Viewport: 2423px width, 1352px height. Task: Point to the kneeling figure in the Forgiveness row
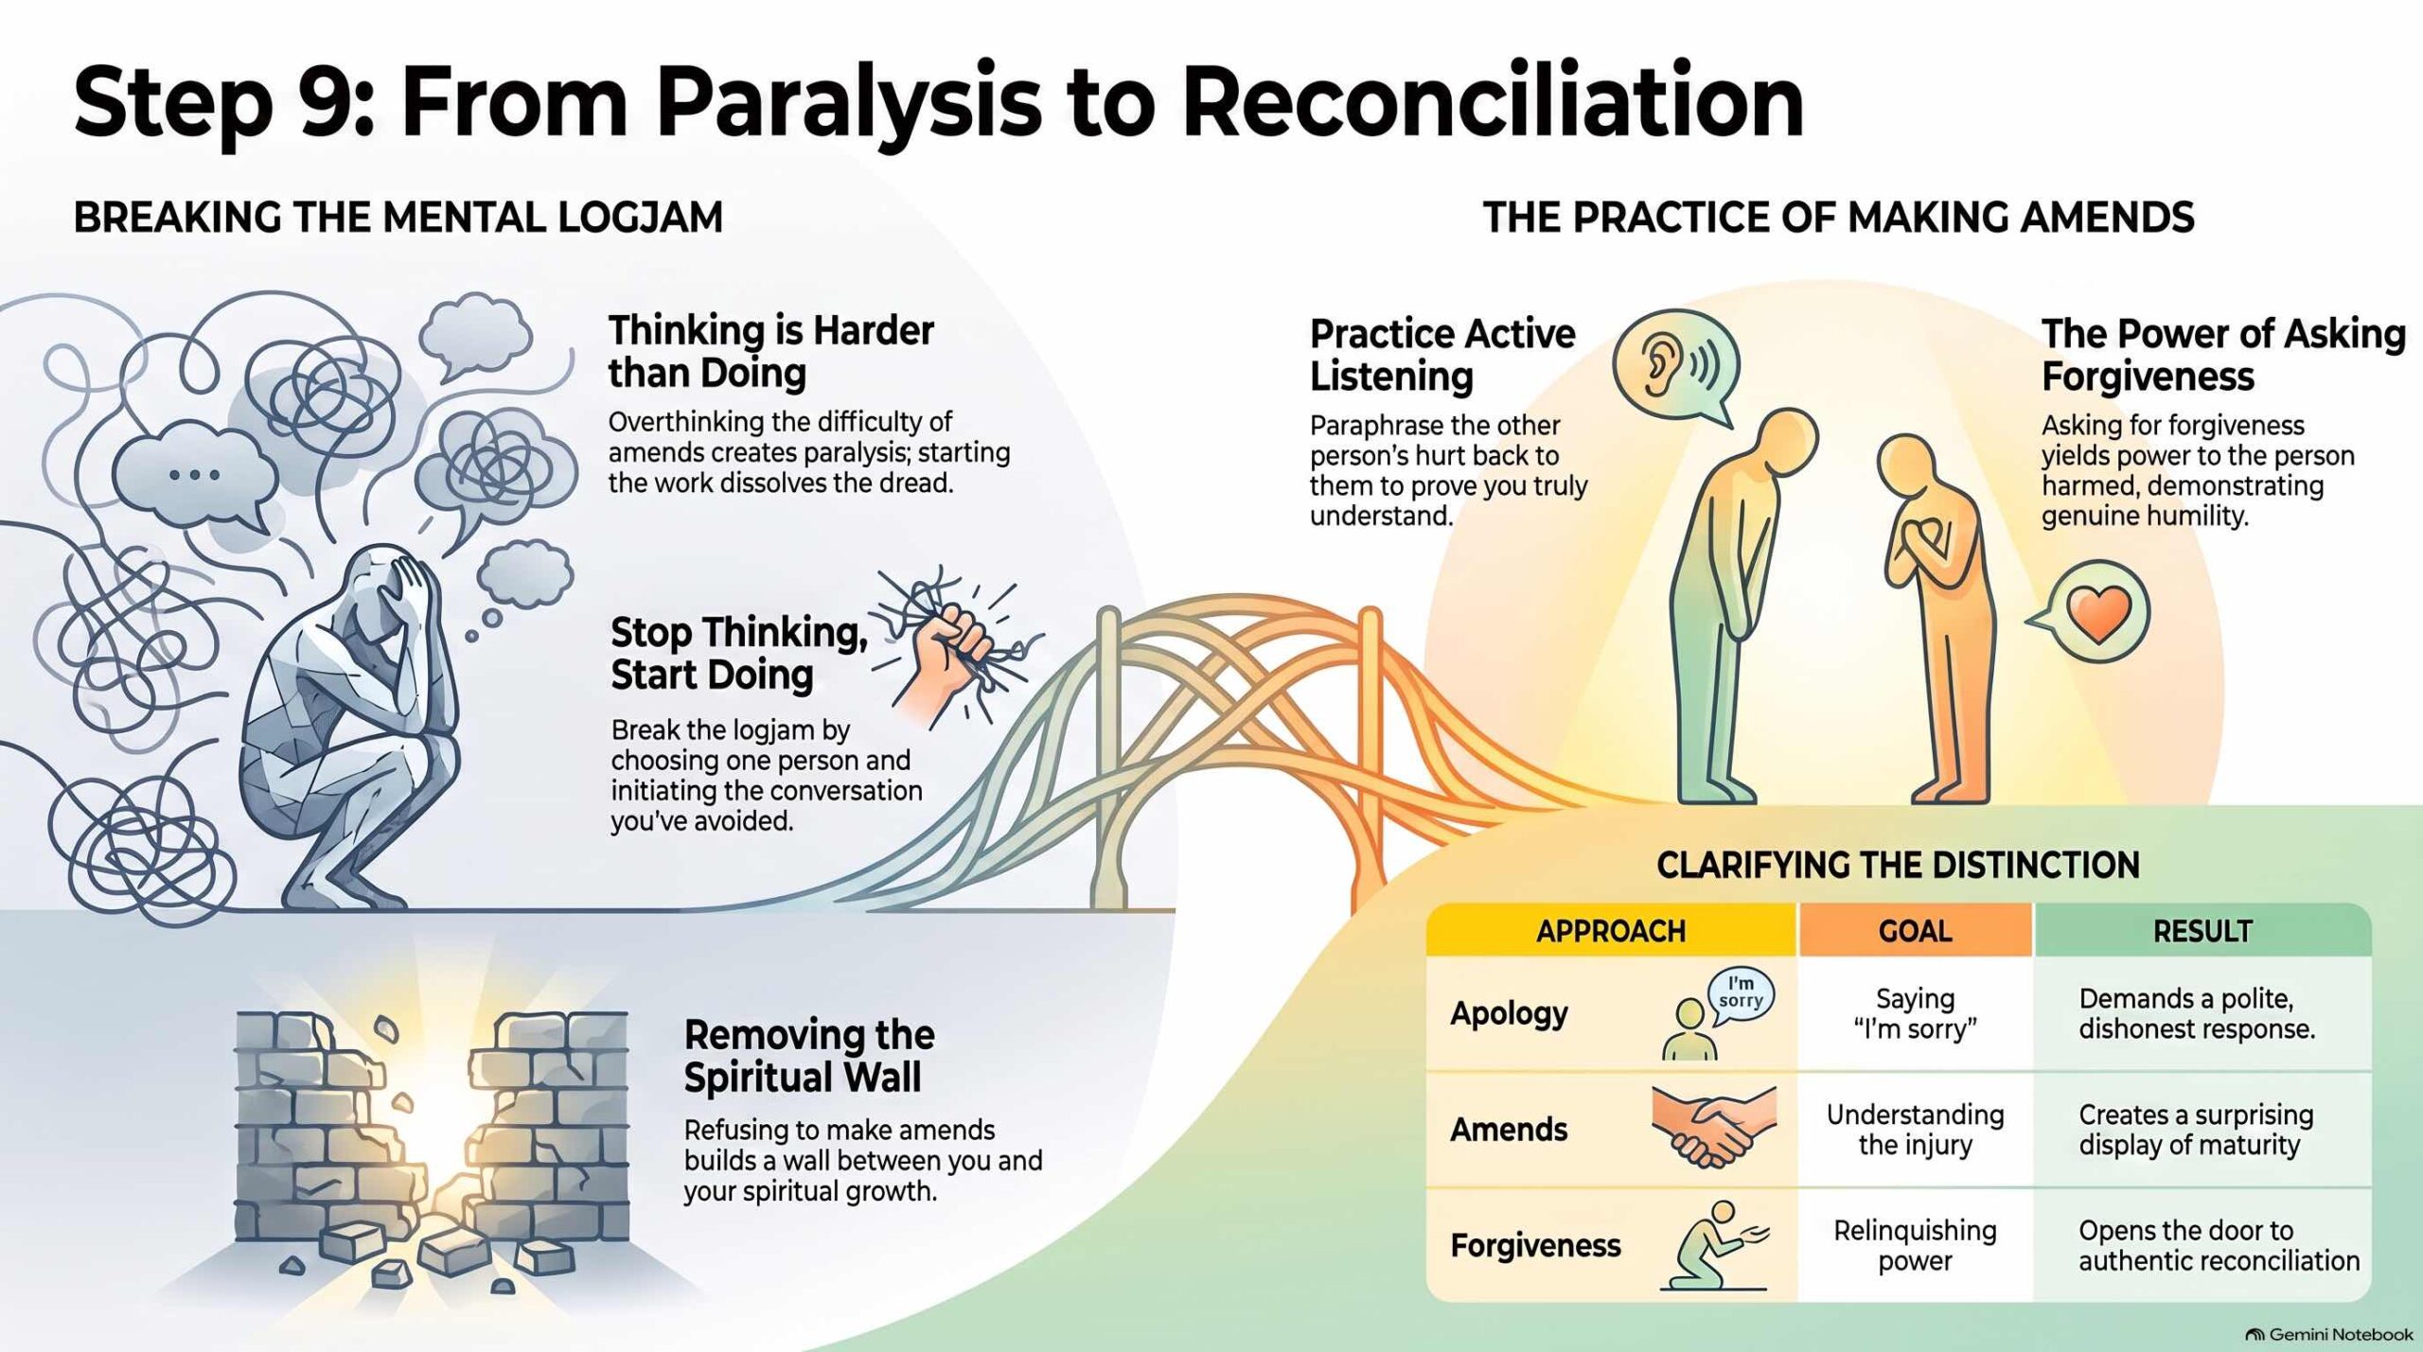1713,1245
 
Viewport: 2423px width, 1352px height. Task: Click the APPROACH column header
1611,931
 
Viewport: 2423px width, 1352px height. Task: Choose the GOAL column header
1916,931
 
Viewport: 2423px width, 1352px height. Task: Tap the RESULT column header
2202,931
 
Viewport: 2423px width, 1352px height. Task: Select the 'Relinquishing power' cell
1915,1245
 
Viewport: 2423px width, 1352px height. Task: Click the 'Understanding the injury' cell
1915,1129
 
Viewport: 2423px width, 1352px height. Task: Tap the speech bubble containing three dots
195,476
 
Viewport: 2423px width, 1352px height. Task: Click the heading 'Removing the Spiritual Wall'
809,1056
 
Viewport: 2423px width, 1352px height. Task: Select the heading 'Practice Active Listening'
1442,355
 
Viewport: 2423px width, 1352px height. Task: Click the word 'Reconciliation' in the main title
1494,101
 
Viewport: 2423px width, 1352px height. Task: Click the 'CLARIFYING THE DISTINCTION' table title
1898,865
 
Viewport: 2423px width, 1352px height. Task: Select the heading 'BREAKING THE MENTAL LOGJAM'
398,218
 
